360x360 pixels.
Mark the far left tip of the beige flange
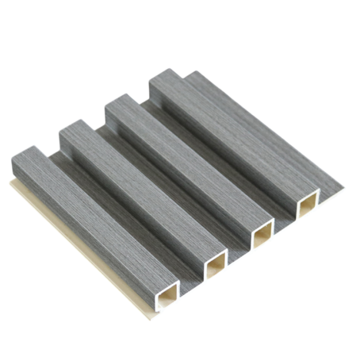coord(11,183)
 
